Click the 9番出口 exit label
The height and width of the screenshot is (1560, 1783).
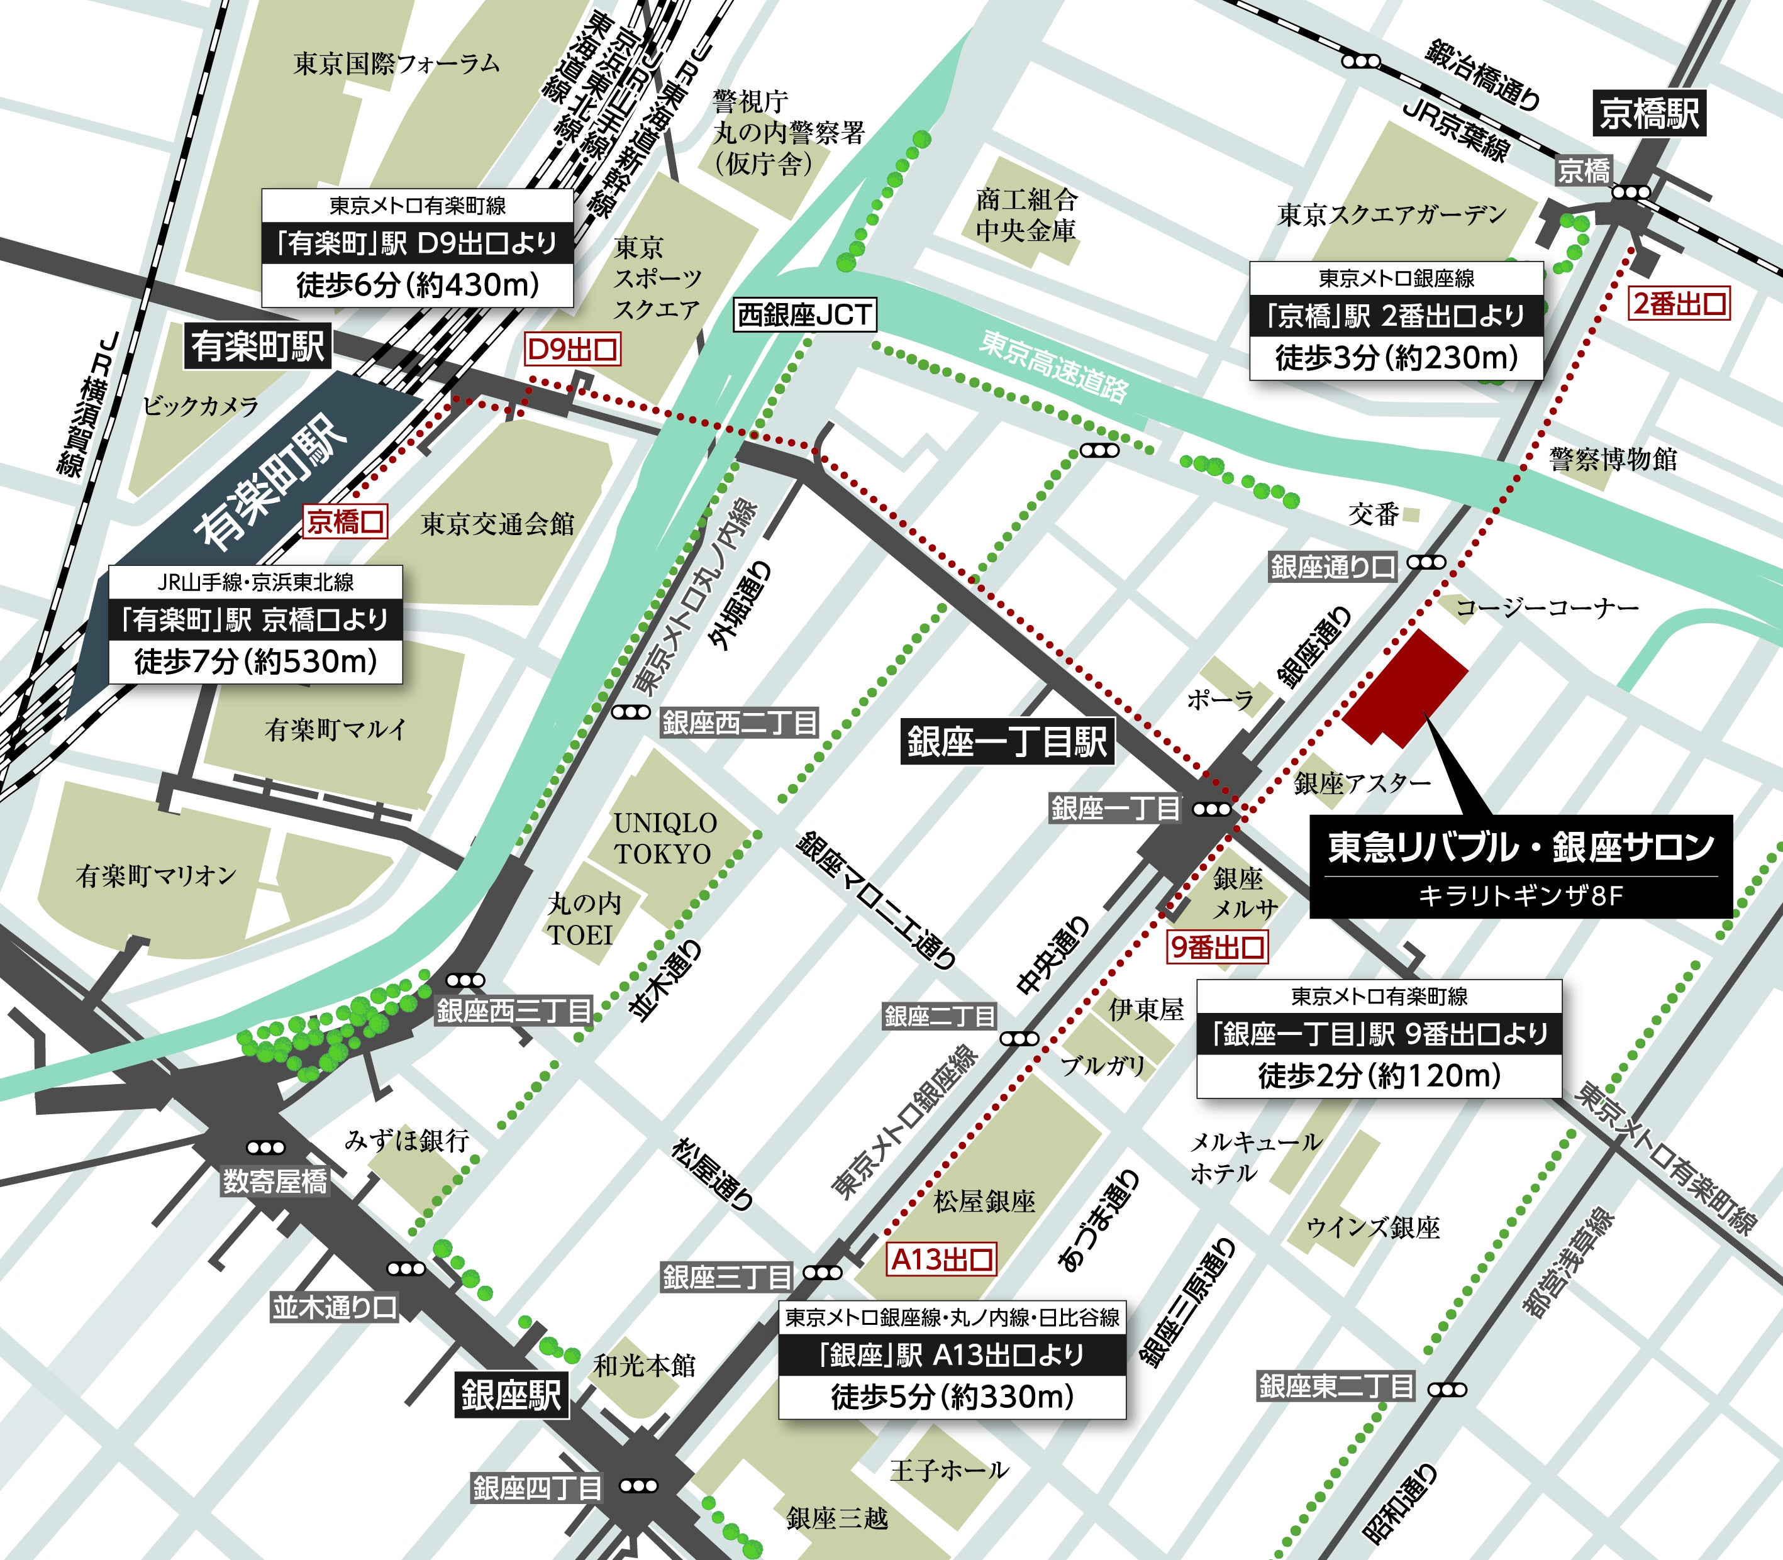(x=1216, y=946)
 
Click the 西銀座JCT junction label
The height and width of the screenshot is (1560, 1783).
(x=804, y=314)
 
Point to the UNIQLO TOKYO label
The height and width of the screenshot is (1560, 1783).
(x=664, y=838)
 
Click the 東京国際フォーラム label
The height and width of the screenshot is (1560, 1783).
(x=396, y=64)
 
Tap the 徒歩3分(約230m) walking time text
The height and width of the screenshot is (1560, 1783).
(x=1396, y=358)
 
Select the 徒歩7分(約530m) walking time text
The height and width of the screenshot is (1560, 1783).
(x=255, y=661)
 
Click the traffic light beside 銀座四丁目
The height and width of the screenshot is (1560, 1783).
(x=638, y=1486)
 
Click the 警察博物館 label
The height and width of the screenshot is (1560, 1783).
(x=1613, y=459)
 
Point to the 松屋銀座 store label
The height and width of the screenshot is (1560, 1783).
(x=984, y=1202)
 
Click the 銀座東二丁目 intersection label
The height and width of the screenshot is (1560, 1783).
(x=1335, y=1386)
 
